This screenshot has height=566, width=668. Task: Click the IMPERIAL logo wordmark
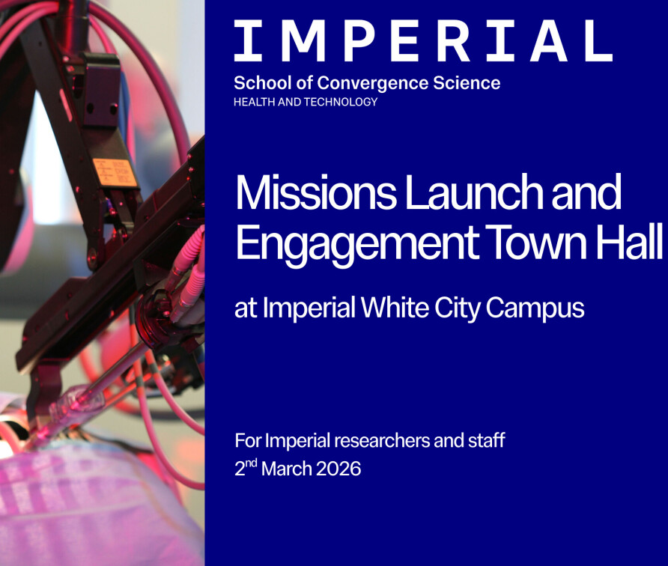coord(423,41)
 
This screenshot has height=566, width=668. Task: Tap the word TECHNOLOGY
coord(341,102)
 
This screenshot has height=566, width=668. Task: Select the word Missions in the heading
coord(316,192)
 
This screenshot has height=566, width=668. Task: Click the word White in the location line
coord(395,308)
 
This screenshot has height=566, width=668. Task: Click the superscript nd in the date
coord(252,463)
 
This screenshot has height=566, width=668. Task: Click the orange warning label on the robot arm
coord(115,171)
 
